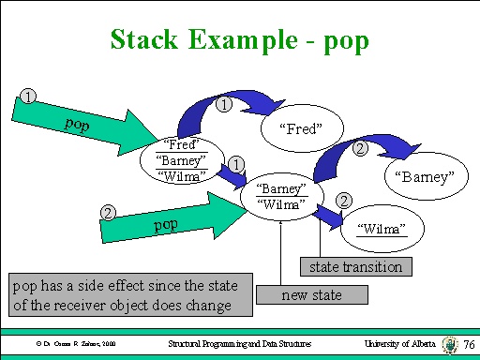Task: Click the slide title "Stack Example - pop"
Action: (x=239, y=39)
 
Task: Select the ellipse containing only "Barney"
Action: (x=429, y=176)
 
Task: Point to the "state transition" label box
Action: (x=355, y=267)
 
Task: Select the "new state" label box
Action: (x=312, y=296)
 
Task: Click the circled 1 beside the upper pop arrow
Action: (x=29, y=97)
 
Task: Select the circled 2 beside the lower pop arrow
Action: (x=109, y=214)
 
